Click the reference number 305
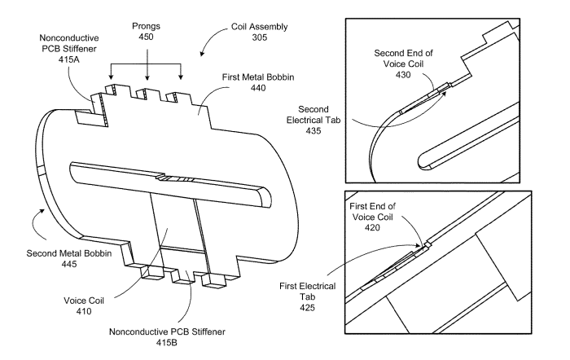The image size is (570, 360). (260, 37)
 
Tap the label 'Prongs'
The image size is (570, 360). (146, 26)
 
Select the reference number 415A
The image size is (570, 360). (68, 59)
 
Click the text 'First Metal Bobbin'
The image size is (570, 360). (258, 77)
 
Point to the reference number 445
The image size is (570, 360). (69, 264)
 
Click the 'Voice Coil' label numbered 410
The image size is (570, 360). (84, 301)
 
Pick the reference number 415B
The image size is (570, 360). (167, 343)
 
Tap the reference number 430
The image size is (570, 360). (403, 75)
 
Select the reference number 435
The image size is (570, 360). (313, 131)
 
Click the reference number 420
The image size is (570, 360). (372, 228)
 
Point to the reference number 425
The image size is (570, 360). (307, 308)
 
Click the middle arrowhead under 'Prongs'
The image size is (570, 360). (147, 77)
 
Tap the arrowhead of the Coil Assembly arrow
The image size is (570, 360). (202, 54)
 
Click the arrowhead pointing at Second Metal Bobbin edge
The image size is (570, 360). (43, 211)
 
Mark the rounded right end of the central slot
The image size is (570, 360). (266, 196)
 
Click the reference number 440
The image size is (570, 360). (258, 88)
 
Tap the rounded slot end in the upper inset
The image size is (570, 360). (423, 161)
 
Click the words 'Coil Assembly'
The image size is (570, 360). (260, 27)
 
